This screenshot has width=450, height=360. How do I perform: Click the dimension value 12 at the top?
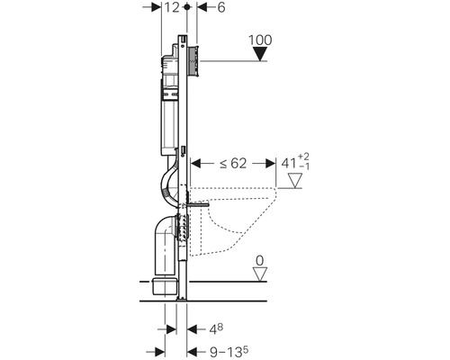[x=172, y=7]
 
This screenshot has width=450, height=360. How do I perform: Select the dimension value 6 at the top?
[x=221, y=7]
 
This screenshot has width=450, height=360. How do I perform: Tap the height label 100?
[x=260, y=40]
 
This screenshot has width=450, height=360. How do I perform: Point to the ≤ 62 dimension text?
[x=233, y=163]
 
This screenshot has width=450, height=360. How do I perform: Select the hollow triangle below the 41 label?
[x=295, y=181]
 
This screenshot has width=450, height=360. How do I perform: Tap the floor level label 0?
[x=259, y=261]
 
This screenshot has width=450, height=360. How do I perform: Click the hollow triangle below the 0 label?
[x=259, y=274]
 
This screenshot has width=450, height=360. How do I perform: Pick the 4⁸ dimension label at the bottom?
[x=216, y=329]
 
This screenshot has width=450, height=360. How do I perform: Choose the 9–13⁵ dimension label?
[x=229, y=352]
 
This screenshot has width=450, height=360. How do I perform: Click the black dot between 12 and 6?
[x=187, y=6]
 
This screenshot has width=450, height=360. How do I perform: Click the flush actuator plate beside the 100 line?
[x=193, y=61]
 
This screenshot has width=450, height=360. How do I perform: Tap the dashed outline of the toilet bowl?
[x=233, y=221]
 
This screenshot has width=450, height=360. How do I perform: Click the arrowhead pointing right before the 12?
[x=156, y=7]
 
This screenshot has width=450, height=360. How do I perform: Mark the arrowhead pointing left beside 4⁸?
[x=193, y=329]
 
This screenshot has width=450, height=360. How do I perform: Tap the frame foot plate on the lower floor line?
[x=182, y=299]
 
